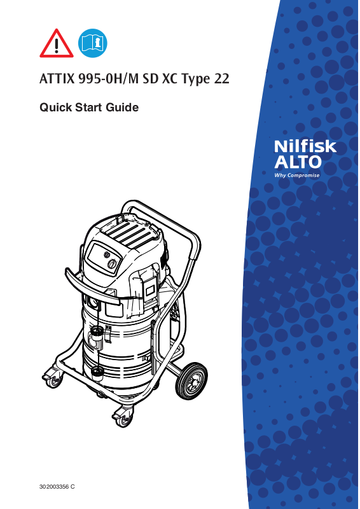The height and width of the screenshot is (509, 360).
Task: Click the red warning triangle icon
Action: click(57, 44)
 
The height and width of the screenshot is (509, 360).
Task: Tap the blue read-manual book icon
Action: click(92, 43)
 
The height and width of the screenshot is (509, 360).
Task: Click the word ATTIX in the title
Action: click(57, 79)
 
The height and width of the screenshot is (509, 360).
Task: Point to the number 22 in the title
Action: click(221, 79)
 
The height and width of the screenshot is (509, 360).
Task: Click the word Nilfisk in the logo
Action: click(305, 147)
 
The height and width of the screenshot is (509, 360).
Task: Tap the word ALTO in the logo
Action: click(298, 162)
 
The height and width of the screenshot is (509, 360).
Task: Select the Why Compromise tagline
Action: click(296, 176)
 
